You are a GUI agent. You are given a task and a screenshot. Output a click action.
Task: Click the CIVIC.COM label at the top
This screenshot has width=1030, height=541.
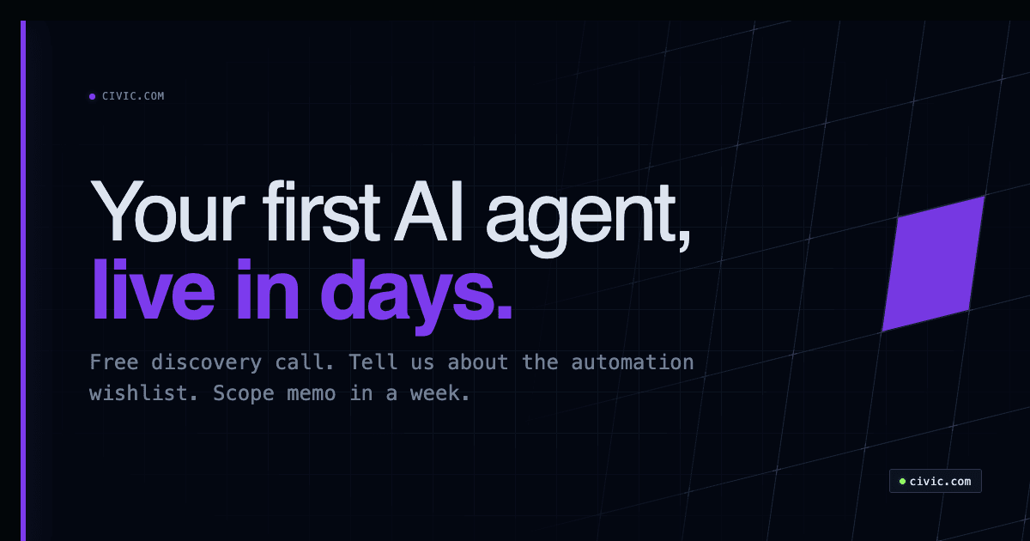pos(133,96)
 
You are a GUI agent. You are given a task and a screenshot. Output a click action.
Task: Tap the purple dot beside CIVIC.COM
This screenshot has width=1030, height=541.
pos(92,96)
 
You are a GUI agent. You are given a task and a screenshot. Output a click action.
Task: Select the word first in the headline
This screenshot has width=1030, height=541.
pos(321,212)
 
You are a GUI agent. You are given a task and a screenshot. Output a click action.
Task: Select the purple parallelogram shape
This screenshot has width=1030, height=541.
pos(933,264)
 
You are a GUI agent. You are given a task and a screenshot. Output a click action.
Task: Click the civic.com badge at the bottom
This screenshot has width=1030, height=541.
pos(935,481)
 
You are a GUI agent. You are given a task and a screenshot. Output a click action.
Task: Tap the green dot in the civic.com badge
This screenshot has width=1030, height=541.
pos(902,481)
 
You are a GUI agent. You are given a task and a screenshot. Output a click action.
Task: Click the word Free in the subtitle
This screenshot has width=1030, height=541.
pos(115,362)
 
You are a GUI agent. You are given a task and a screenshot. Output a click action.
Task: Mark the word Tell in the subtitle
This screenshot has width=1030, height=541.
pos(373,362)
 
